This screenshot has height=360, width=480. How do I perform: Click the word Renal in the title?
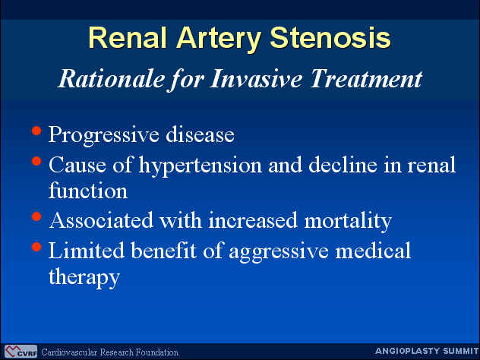point(128,37)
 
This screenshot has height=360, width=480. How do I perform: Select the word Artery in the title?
point(218,39)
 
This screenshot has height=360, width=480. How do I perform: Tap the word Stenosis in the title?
point(330,37)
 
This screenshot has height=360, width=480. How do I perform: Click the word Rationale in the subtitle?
point(111,79)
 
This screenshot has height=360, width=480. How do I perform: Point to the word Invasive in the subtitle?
point(256,78)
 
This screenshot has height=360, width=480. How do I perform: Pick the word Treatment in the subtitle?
point(366,78)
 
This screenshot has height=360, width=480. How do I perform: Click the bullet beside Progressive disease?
point(36,131)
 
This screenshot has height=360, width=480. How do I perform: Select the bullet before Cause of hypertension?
point(36,161)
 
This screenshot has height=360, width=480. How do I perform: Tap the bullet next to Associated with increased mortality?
point(36,216)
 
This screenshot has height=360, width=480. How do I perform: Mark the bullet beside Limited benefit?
point(36,247)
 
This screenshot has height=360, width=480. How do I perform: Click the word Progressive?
point(104,135)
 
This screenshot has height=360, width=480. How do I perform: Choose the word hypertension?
point(201,166)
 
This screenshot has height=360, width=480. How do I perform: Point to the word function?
point(88,191)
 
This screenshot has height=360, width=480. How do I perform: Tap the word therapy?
point(84,277)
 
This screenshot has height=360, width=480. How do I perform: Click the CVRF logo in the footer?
point(21,352)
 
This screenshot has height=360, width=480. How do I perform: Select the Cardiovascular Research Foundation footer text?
point(109,352)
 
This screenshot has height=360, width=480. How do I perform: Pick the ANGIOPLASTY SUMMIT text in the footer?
point(427,351)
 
